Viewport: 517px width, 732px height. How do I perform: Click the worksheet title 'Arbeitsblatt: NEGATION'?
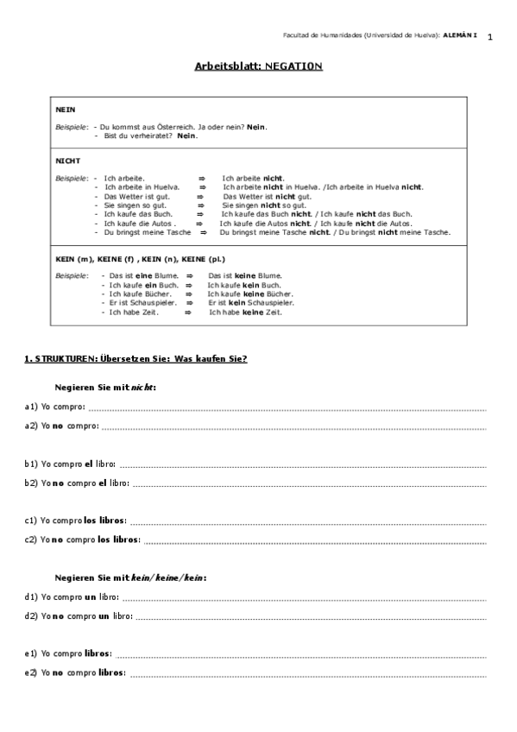[259, 66]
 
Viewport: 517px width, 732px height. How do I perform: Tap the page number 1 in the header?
[489, 37]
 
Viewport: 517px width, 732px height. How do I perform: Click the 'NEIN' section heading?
[65, 110]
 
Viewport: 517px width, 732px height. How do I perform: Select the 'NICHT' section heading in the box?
[67, 161]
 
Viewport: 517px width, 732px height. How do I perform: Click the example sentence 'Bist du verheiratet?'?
[137, 136]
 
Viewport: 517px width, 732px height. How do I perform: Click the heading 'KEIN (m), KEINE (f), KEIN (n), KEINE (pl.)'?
[140, 259]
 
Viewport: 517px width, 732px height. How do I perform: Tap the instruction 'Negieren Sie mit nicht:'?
[104, 388]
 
